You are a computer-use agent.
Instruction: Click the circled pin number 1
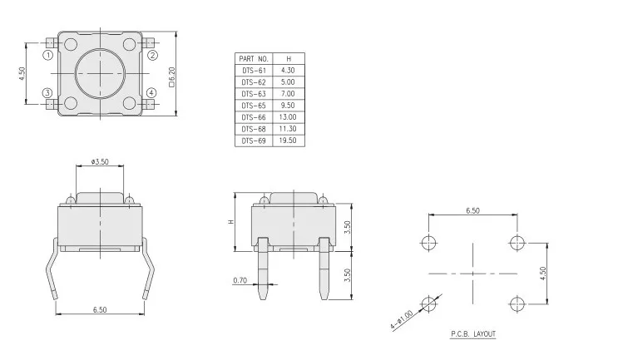47,57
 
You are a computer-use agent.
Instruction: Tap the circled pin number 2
153,57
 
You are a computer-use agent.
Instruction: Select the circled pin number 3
47,92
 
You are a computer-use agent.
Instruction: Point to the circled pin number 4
151,92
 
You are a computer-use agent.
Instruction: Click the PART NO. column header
253,59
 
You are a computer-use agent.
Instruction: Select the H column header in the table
289,59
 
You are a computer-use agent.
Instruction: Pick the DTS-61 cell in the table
253,71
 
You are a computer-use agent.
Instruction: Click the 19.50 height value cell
289,141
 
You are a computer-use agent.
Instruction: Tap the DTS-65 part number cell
253,106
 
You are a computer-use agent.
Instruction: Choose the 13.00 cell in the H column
289,118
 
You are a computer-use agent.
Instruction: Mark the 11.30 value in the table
289,130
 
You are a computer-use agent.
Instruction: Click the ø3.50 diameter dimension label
101,161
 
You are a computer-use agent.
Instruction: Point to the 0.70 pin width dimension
240,280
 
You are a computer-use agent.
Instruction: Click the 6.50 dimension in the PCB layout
472,211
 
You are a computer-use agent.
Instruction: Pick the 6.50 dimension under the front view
101,310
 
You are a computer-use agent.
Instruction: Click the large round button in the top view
100,74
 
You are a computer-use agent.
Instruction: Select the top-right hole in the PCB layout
517,242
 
